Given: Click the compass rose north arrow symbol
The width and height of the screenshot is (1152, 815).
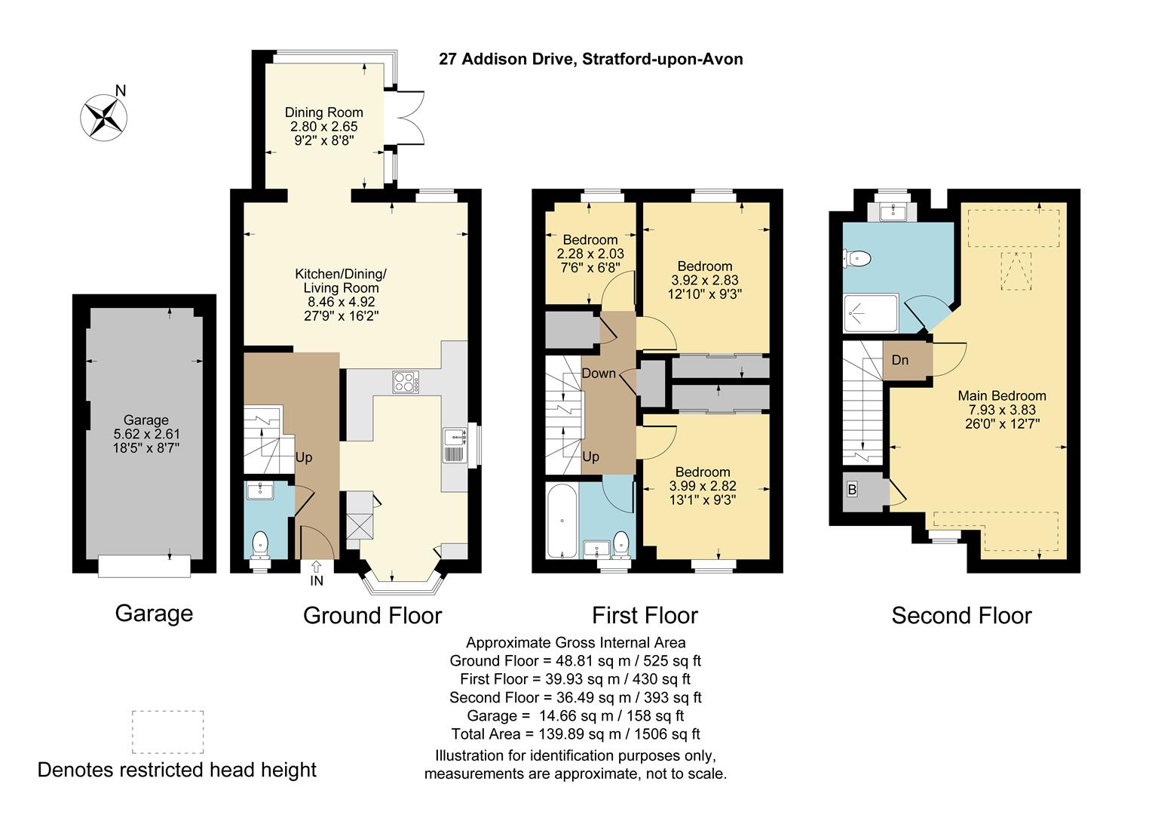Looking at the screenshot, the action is [104, 118].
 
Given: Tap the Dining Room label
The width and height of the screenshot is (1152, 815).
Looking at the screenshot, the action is [324, 112].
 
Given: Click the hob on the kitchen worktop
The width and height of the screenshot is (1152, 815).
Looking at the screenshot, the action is [406, 382].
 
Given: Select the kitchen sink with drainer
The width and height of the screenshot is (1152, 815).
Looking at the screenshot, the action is [455, 444].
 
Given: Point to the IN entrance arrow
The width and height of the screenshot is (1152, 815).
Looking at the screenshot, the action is [317, 567].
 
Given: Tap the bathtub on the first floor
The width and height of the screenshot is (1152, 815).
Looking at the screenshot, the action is [562, 521].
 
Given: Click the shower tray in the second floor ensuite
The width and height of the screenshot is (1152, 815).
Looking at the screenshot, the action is [871, 313].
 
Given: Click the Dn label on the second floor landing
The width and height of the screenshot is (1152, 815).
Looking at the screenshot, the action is [900, 360].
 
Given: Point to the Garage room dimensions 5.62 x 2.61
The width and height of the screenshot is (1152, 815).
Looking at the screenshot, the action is [146, 434].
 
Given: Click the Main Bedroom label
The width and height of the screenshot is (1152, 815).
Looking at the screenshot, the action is [1002, 396].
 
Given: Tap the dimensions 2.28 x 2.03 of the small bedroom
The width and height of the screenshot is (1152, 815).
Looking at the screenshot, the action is [590, 254].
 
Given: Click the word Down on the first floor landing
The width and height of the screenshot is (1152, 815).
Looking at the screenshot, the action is [599, 374].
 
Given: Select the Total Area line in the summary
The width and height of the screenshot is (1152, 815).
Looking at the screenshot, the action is [575, 733].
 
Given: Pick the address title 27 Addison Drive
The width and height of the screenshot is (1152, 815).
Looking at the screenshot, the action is [590, 59].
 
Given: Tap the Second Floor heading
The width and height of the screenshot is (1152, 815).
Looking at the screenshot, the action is [961, 615].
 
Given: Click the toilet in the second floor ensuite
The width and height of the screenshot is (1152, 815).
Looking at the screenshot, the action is [856, 258].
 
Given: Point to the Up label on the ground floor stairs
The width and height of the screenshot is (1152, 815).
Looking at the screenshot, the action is [303, 457].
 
